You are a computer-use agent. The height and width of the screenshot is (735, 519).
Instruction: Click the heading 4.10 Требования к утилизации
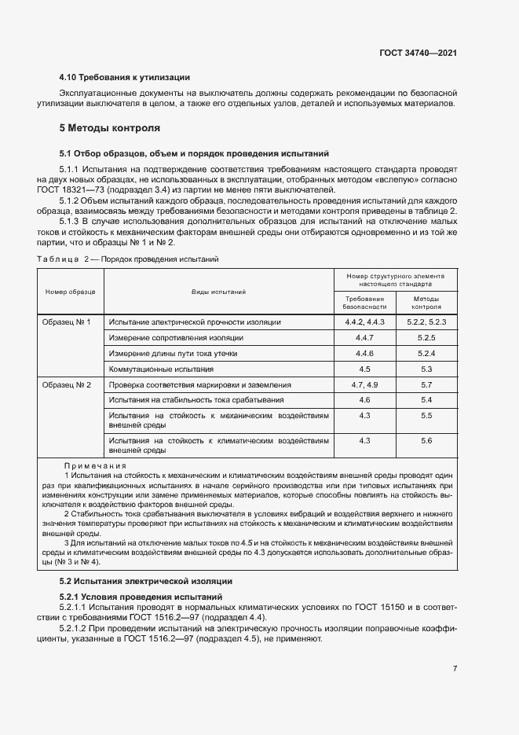(125, 77)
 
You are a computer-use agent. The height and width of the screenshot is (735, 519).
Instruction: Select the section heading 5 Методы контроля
(110, 127)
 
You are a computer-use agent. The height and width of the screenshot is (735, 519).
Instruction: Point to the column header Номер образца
(71, 292)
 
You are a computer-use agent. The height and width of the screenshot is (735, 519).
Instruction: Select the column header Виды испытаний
(219, 292)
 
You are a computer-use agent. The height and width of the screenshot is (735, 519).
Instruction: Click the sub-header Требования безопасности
(364, 303)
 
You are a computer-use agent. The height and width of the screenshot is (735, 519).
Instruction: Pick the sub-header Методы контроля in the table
(426, 303)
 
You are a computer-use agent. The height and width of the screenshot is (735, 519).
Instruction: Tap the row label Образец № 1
(67, 322)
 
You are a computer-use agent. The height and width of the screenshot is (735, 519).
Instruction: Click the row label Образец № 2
(67, 385)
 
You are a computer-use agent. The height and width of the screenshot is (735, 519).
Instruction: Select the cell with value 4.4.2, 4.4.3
(364, 322)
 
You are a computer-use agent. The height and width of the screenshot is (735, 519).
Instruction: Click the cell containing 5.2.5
(426, 337)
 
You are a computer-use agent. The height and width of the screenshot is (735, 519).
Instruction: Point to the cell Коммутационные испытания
(161, 369)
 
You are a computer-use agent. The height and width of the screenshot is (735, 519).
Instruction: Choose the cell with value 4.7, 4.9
(364, 385)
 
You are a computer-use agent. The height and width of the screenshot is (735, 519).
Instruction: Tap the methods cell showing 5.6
(426, 441)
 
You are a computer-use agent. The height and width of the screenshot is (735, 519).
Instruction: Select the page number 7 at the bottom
(455, 669)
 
